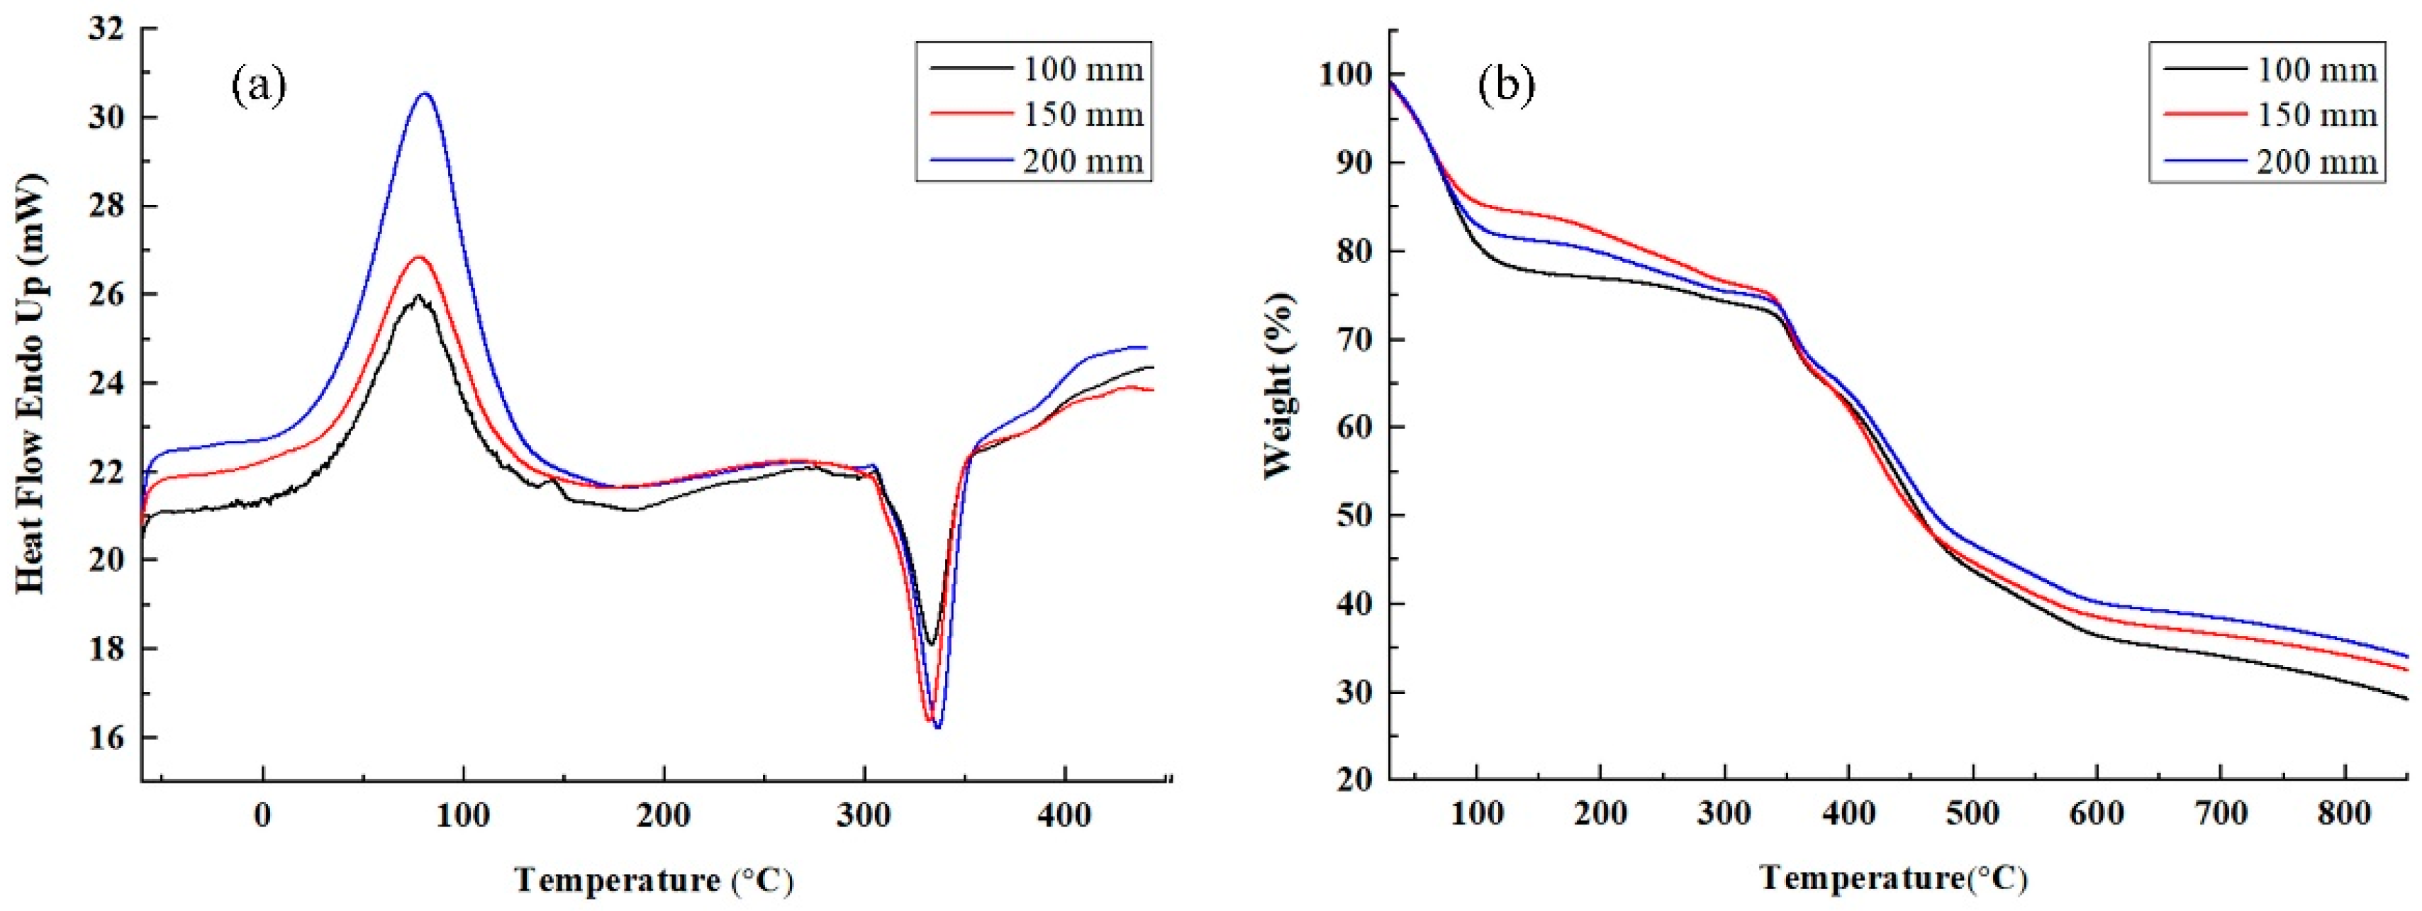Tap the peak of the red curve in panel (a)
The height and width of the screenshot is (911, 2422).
pos(419,257)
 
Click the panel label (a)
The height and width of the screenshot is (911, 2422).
pos(259,86)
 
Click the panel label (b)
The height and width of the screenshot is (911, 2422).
pos(1506,86)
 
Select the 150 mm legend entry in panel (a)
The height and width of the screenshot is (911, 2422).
pos(1034,115)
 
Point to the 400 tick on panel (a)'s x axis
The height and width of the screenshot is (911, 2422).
pos(1065,815)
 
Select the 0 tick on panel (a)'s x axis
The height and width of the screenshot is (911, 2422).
pos(262,815)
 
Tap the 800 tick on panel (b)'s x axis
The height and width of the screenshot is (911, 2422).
pos(2345,813)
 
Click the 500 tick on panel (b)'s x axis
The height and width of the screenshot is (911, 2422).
pos(1972,813)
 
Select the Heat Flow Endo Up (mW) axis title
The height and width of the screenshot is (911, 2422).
pos(31,384)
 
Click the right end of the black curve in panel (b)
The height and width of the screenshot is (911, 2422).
pos(2406,725)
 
